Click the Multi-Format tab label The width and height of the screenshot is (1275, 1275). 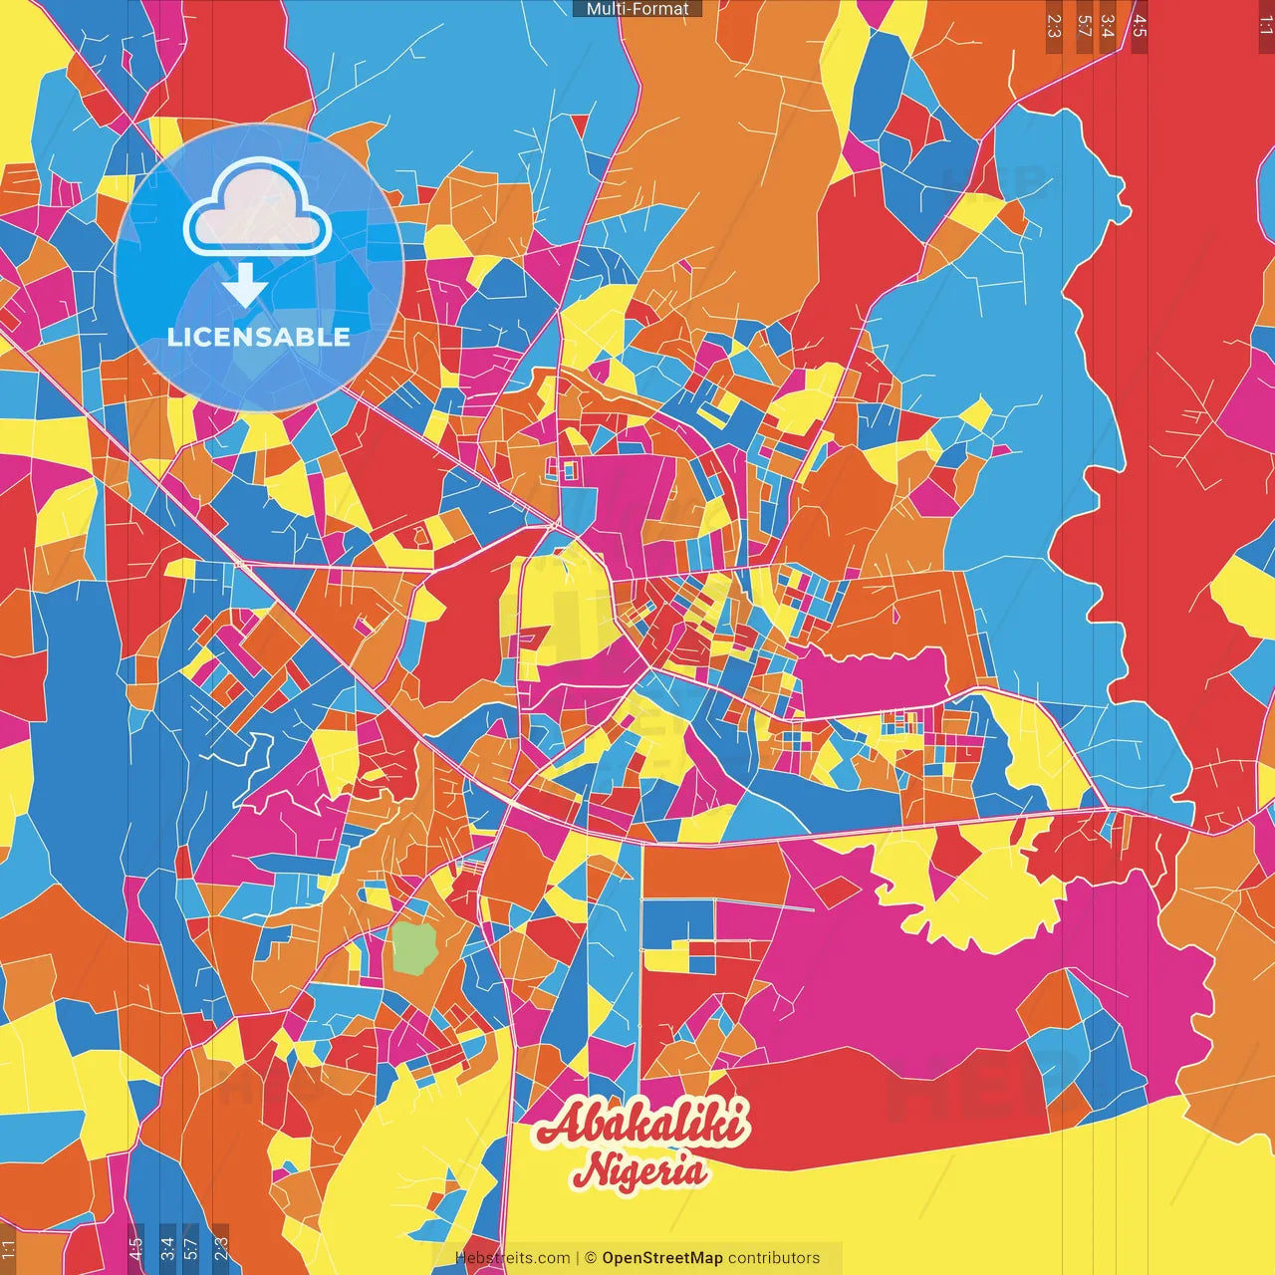[x=637, y=9]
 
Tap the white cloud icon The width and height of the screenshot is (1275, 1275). [x=258, y=209]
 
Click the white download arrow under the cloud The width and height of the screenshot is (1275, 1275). [x=244, y=285]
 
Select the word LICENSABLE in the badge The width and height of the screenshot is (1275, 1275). [x=259, y=337]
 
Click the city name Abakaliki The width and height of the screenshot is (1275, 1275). [x=642, y=1126]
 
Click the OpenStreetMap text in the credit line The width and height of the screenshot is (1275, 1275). [x=661, y=1258]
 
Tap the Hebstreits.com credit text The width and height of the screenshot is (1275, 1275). [x=513, y=1258]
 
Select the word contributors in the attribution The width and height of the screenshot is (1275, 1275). [x=774, y=1258]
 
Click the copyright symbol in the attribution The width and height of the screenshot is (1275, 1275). [x=590, y=1258]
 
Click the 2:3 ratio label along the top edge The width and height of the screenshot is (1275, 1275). [x=1054, y=26]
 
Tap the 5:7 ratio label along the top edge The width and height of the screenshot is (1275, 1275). [x=1084, y=26]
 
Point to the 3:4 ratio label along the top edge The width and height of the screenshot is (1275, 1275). [x=1108, y=26]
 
